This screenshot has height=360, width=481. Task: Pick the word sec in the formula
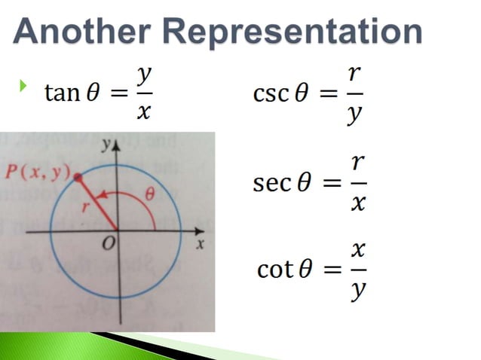[x=270, y=183]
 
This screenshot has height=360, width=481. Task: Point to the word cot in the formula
[x=274, y=269]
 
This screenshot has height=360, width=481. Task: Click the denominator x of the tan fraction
[x=145, y=112]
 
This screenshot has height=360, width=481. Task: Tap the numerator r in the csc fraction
[x=354, y=75]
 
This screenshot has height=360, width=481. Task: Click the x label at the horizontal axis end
[x=200, y=245]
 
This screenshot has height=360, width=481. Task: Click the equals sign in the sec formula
[x=323, y=183]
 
